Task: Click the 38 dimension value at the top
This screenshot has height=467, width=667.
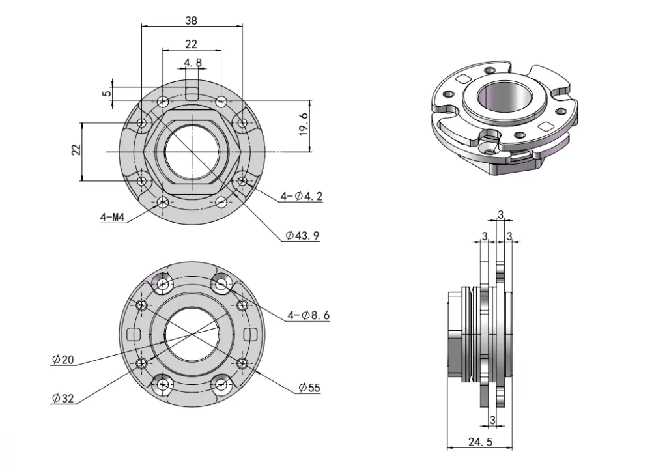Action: tap(191, 20)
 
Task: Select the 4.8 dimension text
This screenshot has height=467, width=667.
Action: tap(193, 63)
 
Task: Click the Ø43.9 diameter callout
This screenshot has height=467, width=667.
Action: tap(302, 236)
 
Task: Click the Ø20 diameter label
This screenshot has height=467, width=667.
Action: tap(63, 359)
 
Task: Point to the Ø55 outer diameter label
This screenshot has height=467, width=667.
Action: tap(309, 388)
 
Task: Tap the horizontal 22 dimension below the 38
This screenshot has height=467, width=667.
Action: tap(191, 44)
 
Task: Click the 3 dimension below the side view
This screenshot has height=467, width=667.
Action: tap(492, 421)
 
